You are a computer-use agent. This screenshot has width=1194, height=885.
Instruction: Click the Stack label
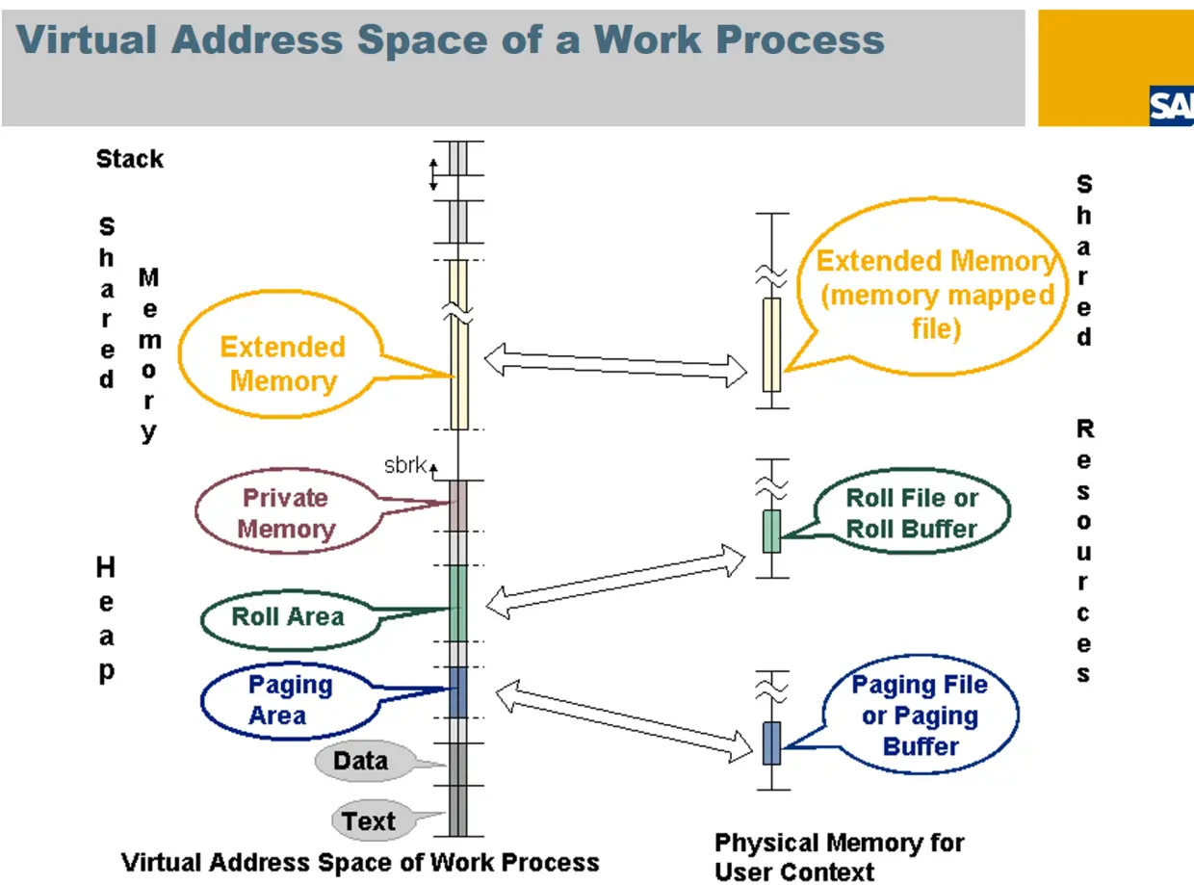click(x=130, y=159)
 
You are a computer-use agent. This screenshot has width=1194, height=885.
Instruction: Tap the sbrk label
click(x=405, y=465)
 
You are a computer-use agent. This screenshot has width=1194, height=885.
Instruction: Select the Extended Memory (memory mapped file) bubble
click(x=926, y=286)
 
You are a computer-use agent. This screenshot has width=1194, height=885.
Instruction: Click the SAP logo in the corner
click(x=1172, y=106)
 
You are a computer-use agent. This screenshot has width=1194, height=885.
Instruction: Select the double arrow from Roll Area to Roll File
click(x=615, y=582)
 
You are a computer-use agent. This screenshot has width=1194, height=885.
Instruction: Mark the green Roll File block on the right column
click(x=771, y=532)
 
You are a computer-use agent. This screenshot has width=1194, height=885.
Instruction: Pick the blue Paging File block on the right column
click(x=771, y=742)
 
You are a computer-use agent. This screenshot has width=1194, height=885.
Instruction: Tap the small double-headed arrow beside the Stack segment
click(x=433, y=174)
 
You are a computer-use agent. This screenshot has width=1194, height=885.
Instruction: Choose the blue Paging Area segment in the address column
click(x=458, y=692)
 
